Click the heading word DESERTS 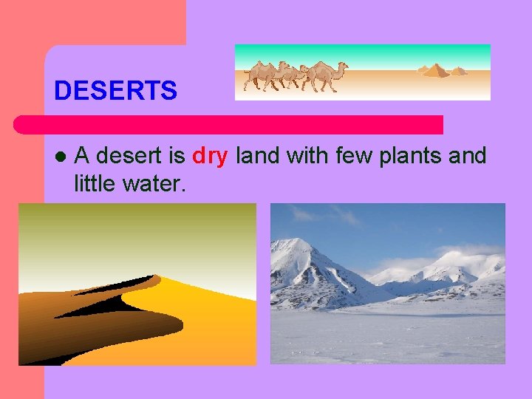(x=115, y=91)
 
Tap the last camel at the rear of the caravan (x=260, y=74)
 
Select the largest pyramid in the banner (x=435, y=71)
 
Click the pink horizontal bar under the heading (x=229, y=124)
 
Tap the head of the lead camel (x=343, y=66)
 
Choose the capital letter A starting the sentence (x=83, y=156)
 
